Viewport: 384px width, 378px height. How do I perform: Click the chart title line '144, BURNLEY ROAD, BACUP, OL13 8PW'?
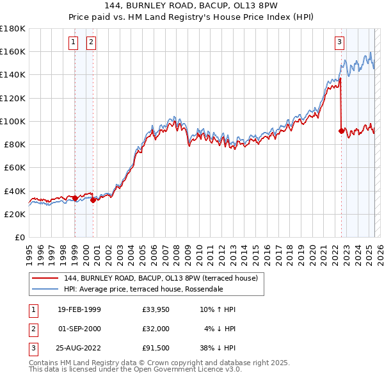[192, 6]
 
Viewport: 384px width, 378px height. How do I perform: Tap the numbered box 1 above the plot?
[74, 43]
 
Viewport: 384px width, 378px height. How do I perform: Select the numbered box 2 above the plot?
[92, 43]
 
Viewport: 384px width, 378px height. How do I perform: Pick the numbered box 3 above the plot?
[339, 43]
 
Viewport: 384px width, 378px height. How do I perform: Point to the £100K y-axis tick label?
[13, 121]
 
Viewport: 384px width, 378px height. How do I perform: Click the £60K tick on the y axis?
[15, 167]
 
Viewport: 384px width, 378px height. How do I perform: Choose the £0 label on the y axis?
[19, 237]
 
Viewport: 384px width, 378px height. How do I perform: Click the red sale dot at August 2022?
[341, 131]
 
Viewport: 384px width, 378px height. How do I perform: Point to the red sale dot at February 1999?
[75, 198]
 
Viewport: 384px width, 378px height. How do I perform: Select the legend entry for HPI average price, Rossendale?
[143, 289]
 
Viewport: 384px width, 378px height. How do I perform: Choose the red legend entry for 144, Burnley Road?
[160, 278]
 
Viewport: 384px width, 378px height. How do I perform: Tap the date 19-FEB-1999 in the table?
[79, 310]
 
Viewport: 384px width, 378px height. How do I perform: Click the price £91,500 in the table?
[156, 349]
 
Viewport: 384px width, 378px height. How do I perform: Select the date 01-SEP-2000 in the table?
[79, 329]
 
